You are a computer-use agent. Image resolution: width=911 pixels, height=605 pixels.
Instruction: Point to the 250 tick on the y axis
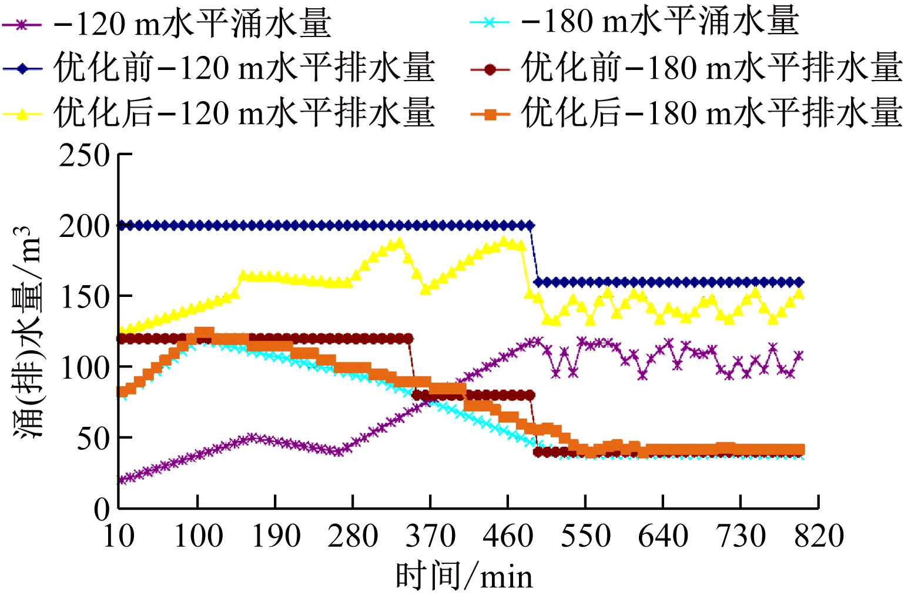coord(85,156)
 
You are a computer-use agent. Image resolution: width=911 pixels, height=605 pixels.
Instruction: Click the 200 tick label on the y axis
coord(85,226)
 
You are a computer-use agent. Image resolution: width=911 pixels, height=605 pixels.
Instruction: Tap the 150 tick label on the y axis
coord(85,297)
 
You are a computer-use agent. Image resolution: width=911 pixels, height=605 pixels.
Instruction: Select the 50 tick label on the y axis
coord(93,438)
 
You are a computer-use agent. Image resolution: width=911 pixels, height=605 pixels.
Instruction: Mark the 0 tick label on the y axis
coord(102,509)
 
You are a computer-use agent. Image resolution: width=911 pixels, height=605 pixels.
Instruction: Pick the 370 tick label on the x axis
coord(431,536)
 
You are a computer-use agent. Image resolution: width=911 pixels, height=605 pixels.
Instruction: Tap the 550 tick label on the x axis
coord(586,536)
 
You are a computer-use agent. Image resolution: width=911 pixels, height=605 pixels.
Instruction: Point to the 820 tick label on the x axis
coord(819,536)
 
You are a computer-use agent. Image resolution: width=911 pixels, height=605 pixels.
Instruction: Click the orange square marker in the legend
coord(490,113)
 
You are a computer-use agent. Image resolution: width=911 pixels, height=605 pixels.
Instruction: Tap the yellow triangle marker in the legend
coord(22,113)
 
